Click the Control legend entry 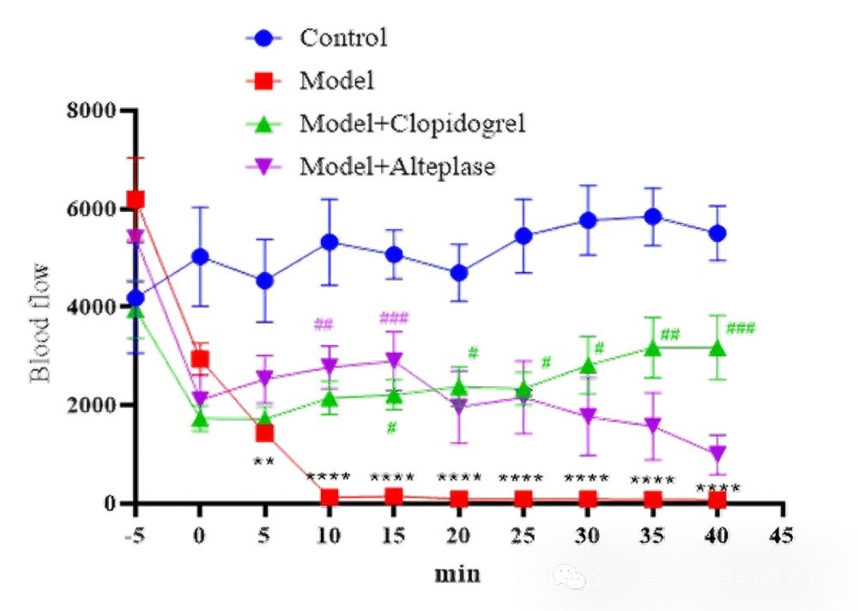343,38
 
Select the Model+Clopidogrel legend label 411,123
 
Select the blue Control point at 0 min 200,257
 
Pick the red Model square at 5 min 264,433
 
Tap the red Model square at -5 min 136,200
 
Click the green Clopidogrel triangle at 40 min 716,348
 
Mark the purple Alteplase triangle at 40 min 716,453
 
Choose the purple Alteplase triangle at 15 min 394,360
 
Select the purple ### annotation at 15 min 394,319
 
